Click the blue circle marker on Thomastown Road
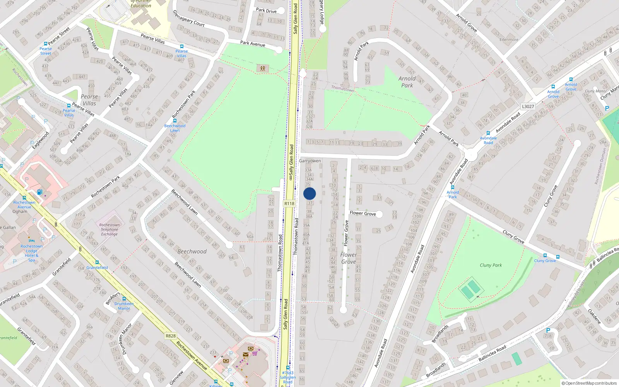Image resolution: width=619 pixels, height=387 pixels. pos(309,193)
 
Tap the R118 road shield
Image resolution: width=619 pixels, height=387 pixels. pos(289,203)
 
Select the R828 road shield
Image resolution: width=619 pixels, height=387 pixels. pos(170,336)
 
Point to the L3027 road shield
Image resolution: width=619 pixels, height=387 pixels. pos(528,106)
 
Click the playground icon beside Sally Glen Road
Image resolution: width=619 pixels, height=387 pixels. pos(263,68)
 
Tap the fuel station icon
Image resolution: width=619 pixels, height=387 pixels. pos(39,192)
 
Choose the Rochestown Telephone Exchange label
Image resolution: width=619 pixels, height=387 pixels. pos(109,229)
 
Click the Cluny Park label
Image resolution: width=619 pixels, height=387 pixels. pos(491,265)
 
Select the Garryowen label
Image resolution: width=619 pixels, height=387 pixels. pos(310,161)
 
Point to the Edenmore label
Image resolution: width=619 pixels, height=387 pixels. pos(509,39)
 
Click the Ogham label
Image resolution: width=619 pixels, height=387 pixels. pos(20,212)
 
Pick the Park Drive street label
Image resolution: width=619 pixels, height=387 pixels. pos(266,10)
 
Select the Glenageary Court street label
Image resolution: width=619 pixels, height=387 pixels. pos(188,18)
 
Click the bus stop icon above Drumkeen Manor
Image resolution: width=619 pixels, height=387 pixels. pos(124,299)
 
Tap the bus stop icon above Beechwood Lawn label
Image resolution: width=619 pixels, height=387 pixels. pos(175,121)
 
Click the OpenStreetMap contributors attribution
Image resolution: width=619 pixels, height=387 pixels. pos(589,383)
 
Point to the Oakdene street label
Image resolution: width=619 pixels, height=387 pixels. pos(594,316)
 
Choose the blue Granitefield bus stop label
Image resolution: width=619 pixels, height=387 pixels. pos(97,267)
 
